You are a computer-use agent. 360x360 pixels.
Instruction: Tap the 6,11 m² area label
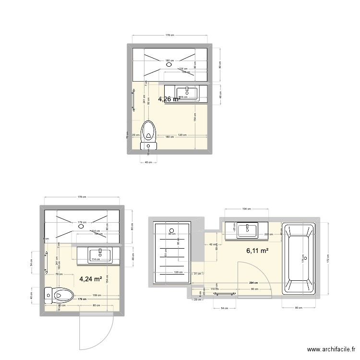pos(257,250)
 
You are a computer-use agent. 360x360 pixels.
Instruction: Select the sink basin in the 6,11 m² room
pos(247,230)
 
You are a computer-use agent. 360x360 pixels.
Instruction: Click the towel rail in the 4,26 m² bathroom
pos(133,101)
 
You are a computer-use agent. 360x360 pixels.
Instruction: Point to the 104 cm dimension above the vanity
pos(246,209)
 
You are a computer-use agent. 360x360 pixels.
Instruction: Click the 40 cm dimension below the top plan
pos(148,162)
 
